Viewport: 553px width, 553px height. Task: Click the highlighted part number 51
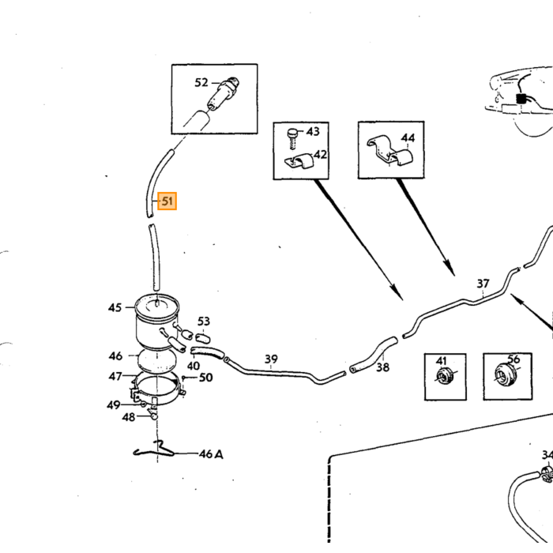(x=167, y=201)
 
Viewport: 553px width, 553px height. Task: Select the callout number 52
(x=201, y=82)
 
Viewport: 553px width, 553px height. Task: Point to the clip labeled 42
(x=299, y=162)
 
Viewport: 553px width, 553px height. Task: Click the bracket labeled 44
(x=389, y=150)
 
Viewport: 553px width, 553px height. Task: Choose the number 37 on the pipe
(x=483, y=283)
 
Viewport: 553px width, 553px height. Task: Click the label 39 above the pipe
(x=271, y=359)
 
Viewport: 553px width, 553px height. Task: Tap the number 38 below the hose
(x=382, y=367)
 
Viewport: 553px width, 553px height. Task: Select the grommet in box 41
(x=446, y=376)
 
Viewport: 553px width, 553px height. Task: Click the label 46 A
(x=211, y=454)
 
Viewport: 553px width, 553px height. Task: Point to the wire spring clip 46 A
(x=154, y=450)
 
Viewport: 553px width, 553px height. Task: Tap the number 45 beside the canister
(x=115, y=308)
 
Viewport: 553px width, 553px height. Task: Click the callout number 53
(x=204, y=322)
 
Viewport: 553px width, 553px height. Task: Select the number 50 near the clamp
(x=206, y=378)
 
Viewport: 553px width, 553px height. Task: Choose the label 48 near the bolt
(x=128, y=417)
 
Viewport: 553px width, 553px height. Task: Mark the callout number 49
(x=114, y=404)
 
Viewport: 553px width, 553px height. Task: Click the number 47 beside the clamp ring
(x=115, y=377)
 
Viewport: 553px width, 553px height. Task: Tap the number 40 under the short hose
(x=194, y=366)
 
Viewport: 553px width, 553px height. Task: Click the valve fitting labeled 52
(x=224, y=93)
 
